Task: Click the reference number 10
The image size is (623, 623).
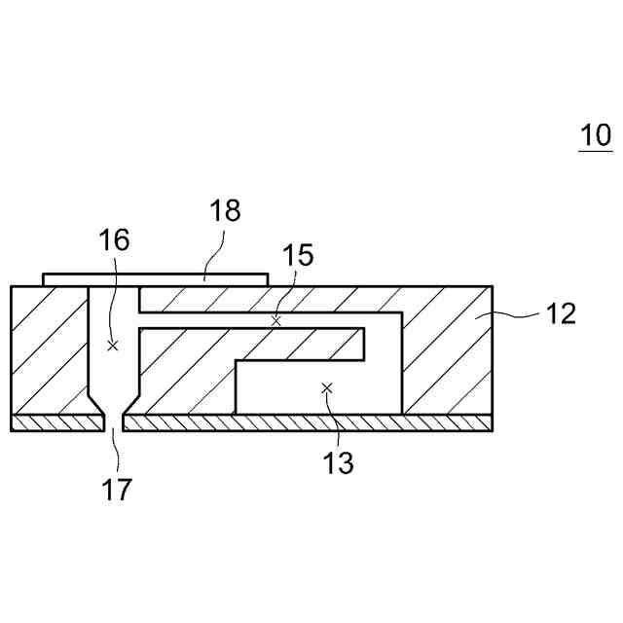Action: coord(595,136)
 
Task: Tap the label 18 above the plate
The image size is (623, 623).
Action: coord(226,210)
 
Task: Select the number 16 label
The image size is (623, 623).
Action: coord(114,240)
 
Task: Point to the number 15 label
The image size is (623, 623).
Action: coord(298,256)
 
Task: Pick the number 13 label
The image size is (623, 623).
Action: coord(339,461)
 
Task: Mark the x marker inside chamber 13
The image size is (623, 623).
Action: coord(327,388)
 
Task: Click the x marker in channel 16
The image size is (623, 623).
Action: coord(113,346)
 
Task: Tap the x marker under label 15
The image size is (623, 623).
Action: coord(275,320)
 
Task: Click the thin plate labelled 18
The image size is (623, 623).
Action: coord(156,279)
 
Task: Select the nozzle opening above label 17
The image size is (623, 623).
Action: coord(114,421)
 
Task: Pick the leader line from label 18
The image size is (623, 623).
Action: coord(208,255)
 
